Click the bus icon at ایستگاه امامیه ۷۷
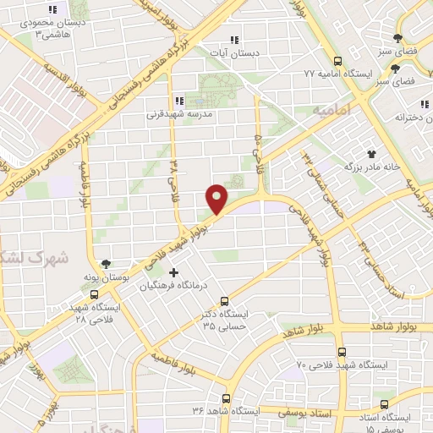pos(338,61)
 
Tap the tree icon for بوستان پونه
pos(105,265)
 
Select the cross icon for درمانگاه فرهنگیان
pos(174,272)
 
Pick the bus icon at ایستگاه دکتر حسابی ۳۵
pos(224,301)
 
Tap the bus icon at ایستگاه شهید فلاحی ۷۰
pos(341,351)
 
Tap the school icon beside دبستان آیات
pos(235,39)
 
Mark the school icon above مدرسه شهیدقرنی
pos(178,101)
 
